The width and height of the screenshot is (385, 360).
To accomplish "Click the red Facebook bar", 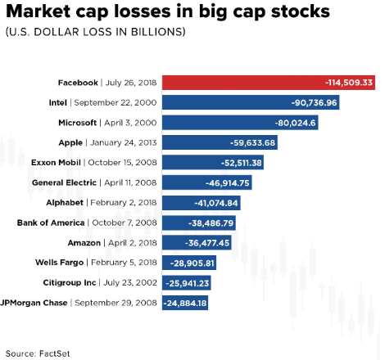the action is tap(269, 83).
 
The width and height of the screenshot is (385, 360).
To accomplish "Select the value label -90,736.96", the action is tap(314, 102).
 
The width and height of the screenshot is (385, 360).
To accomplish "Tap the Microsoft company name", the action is tap(78, 123).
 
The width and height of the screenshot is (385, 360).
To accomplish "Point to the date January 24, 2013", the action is tap(124, 142).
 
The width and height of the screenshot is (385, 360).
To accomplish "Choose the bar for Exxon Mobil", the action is tap(213, 163).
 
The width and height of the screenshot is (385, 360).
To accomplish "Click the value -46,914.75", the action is tap(228, 182).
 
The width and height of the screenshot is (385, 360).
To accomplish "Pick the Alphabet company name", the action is tap(65, 203).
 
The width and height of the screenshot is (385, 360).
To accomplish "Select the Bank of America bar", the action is tap(199, 223).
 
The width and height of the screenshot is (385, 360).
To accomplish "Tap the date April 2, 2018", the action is tap(133, 243).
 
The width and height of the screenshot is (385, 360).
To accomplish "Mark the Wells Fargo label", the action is tap(59, 263).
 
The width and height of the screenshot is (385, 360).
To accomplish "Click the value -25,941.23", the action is tap(188, 283).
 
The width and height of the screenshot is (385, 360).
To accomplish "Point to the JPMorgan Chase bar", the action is tap(185, 303).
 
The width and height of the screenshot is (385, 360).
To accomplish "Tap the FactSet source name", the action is tap(55, 353).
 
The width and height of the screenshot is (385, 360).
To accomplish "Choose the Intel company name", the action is tap(58, 102).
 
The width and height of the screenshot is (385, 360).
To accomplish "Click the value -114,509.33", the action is tap(349, 83).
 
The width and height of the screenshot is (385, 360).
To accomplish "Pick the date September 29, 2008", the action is tap(115, 303).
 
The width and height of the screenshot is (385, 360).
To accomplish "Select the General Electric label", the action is tap(64, 182).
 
